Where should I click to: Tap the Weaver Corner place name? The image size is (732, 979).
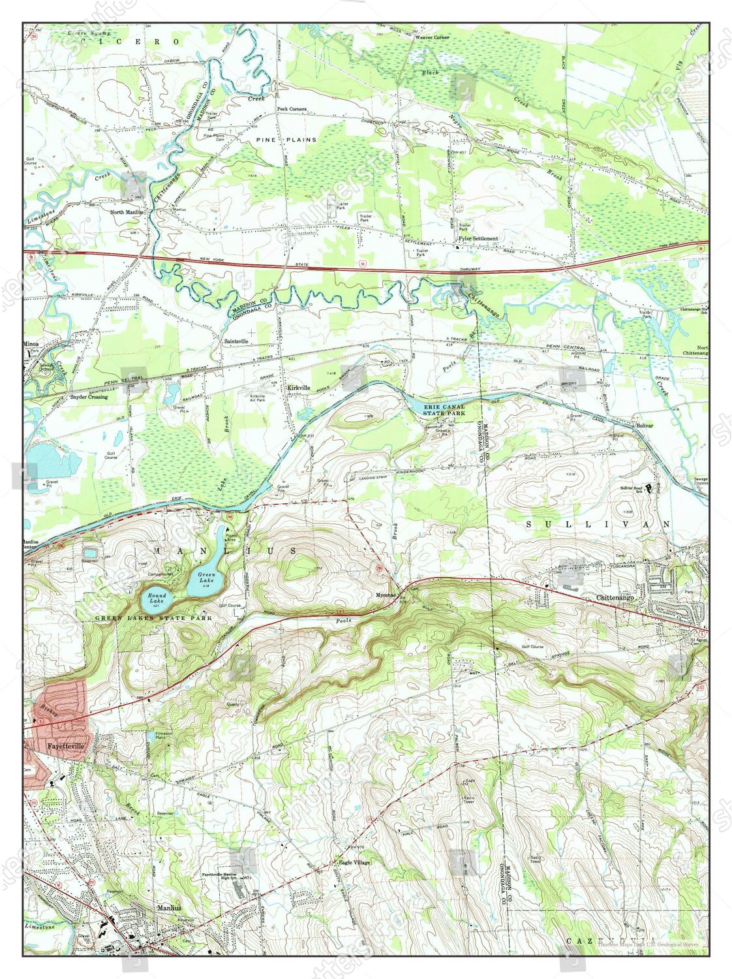[432, 38]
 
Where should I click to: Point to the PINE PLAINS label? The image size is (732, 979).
[286, 140]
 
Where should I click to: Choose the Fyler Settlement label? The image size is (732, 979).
[478, 239]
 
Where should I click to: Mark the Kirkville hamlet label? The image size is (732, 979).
[298, 387]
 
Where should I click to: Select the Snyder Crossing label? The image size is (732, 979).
[89, 396]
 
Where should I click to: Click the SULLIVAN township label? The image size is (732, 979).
[599, 524]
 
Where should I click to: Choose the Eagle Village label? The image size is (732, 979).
[354, 862]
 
